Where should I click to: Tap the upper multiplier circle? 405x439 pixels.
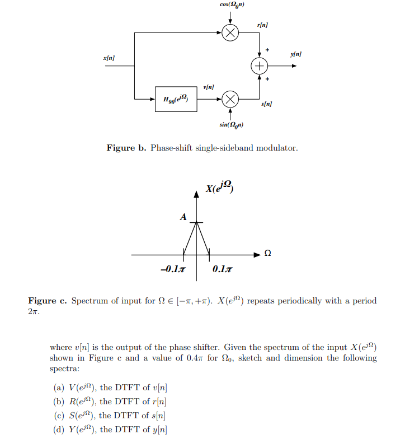coord(229,33)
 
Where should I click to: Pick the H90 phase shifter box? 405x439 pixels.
coord(176,100)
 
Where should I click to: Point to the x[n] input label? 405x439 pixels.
coord(109,58)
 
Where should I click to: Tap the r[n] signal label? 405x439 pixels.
coord(262,25)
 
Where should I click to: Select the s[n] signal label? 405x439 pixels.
coord(267,105)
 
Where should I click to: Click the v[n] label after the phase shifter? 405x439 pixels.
coord(209,87)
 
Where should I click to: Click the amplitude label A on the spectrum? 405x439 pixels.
coord(183,217)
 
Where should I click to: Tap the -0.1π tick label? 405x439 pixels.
coord(172,270)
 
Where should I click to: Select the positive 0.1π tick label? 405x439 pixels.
coord(223,270)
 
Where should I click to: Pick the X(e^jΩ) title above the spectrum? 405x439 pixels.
coord(219,188)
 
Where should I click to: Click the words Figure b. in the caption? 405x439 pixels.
coord(126,148)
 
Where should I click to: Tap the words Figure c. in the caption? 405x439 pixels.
coord(48,301)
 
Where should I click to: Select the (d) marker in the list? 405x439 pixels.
coord(59,429)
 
